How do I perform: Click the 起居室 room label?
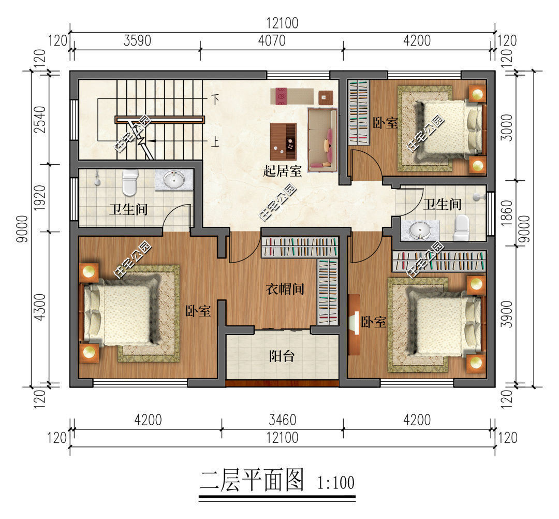[283, 171]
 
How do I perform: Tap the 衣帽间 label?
[285, 289]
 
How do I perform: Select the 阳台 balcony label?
[282, 356]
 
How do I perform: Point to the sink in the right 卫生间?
[420, 230]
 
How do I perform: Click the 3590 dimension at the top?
[137, 41]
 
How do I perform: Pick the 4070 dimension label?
[272, 41]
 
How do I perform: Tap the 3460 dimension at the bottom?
[283, 420]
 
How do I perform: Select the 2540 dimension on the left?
[39, 120]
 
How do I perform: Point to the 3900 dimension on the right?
[506, 314]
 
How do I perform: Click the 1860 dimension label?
[506, 213]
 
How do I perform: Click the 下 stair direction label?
[215, 99]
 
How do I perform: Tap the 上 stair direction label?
[215, 142]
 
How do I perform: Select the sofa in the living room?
[322, 139]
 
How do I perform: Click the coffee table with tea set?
[284, 141]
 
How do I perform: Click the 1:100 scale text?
[336, 483]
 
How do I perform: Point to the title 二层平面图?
[252, 480]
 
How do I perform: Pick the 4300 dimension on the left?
[39, 307]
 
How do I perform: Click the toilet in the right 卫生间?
[461, 227]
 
